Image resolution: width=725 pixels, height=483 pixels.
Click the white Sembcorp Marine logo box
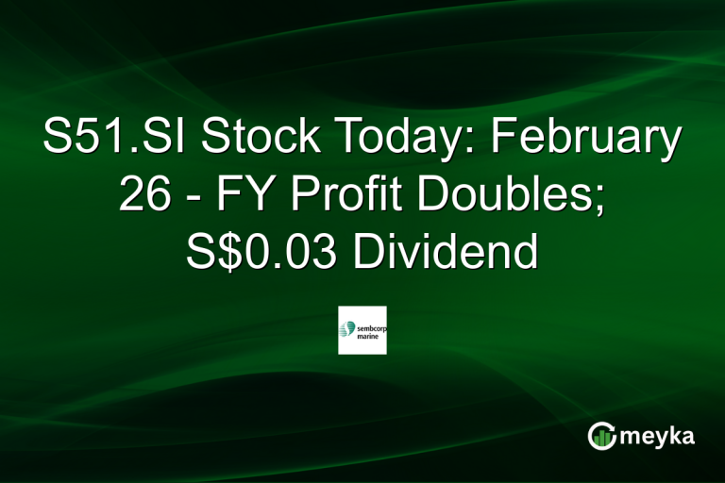362,330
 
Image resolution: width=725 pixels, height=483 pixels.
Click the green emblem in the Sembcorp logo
347,328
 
